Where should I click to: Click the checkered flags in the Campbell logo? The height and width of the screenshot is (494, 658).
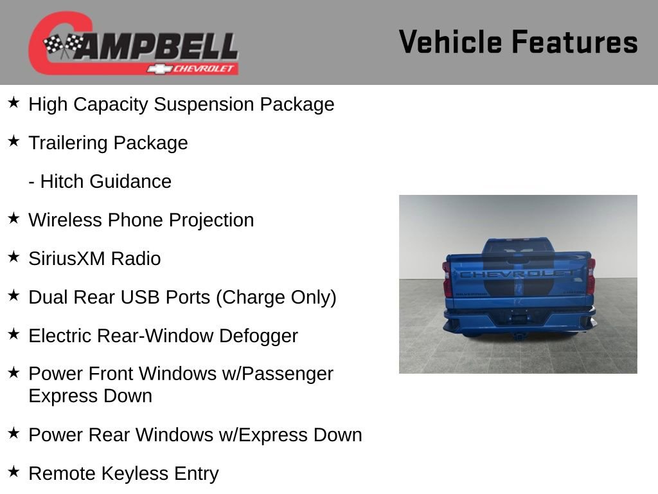coord(64,45)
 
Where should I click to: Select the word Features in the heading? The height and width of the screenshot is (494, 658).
coord(574,42)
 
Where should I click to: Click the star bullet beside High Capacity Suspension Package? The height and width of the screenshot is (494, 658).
coord(13,103)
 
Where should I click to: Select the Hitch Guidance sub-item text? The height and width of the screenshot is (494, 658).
coord(100,181)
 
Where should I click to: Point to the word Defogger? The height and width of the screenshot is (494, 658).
coord(258,336)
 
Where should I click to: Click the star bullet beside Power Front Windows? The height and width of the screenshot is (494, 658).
coord(13,372)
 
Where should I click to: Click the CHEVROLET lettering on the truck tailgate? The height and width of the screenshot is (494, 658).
coord(518,274)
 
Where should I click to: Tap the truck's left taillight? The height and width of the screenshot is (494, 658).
coord(446,278)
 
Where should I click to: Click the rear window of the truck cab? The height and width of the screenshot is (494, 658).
coord(517,246)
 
